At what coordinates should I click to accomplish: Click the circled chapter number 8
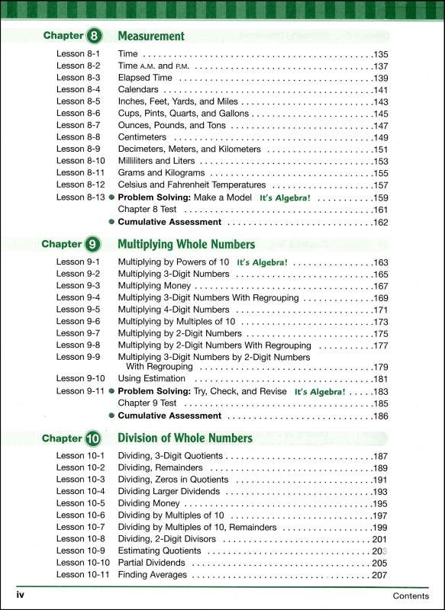(x=94, y=36)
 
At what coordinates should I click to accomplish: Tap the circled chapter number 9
(x=94, y=245)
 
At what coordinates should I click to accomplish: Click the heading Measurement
(x=151, y=36)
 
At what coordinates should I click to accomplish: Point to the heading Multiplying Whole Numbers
(x=186, y=245)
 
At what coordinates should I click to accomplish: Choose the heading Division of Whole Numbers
(x=185, y=438)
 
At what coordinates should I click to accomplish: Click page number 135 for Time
(x=381, y=55)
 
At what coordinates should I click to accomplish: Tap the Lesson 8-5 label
(x=79, y=101)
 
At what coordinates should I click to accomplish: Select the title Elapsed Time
(x=145, y=78)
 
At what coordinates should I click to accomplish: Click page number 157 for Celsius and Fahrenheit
(x=381, y=185)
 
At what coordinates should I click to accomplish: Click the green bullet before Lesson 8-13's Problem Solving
(x=111, y=197)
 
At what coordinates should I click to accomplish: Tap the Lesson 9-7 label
(x=79, y=333)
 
